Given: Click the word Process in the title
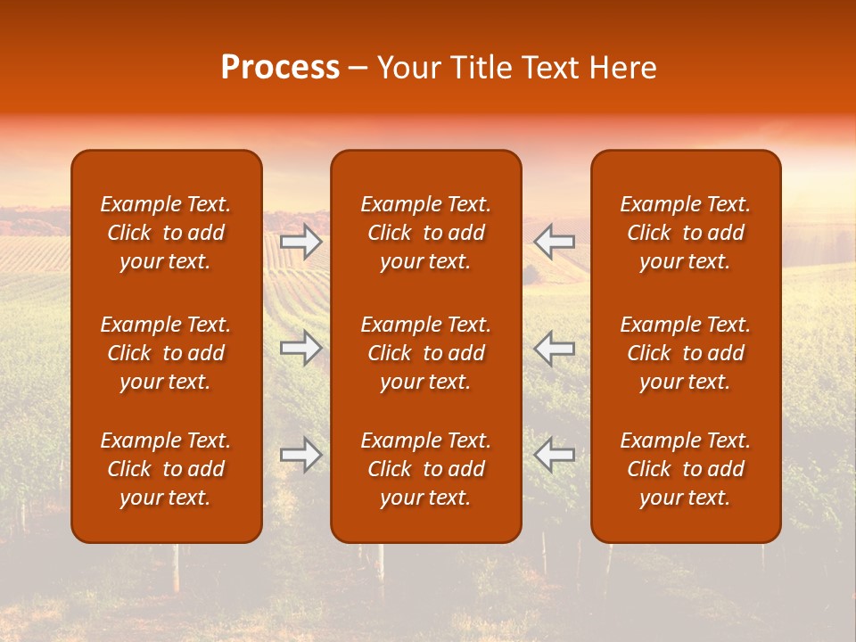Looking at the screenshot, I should (280, 68).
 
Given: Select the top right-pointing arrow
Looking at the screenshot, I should (301, 242).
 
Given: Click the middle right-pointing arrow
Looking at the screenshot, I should (301, 348).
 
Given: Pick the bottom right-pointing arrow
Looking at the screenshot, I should (301, 455).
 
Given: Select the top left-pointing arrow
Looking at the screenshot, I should (555, 242).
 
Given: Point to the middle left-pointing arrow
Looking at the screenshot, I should (555, 348).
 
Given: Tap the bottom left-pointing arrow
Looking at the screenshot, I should (555, 455).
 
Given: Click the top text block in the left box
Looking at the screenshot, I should (166, 233).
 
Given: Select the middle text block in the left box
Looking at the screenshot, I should (166, 353).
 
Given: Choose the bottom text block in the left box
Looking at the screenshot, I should (166, 469).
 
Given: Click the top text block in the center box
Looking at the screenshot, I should (426, 233).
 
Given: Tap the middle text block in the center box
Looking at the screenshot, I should (426, 353).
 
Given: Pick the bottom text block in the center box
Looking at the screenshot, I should (426, 469).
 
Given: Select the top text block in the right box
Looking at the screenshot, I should (686, 233).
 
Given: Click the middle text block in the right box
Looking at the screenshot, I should (686, 353).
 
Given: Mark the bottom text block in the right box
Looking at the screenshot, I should (686, 469).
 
